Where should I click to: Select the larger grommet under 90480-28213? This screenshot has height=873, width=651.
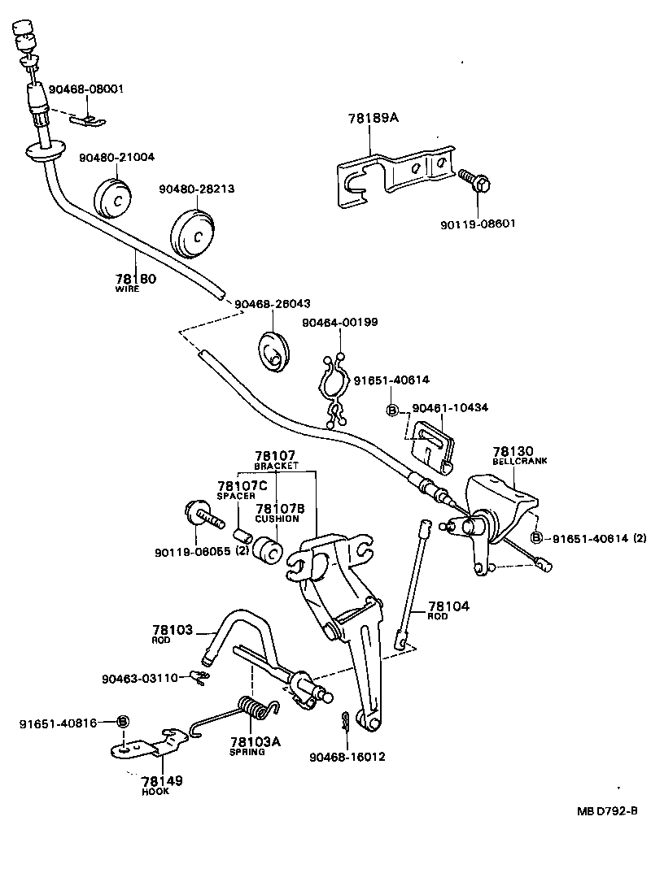pyautogui.click(x=194, y=232)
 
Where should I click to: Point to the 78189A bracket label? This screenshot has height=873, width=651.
pyautogui.click(x=374, y=118)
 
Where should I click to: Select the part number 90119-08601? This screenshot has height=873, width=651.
pyautogui.click(x=478, y=223)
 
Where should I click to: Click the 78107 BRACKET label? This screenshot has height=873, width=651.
pyautogui.click(x=275, y=460)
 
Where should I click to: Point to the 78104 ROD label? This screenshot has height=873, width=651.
pyautogui.click(x=448, y=610)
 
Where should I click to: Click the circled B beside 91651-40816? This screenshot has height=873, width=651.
pyautogui.click(x=123, y=721)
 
